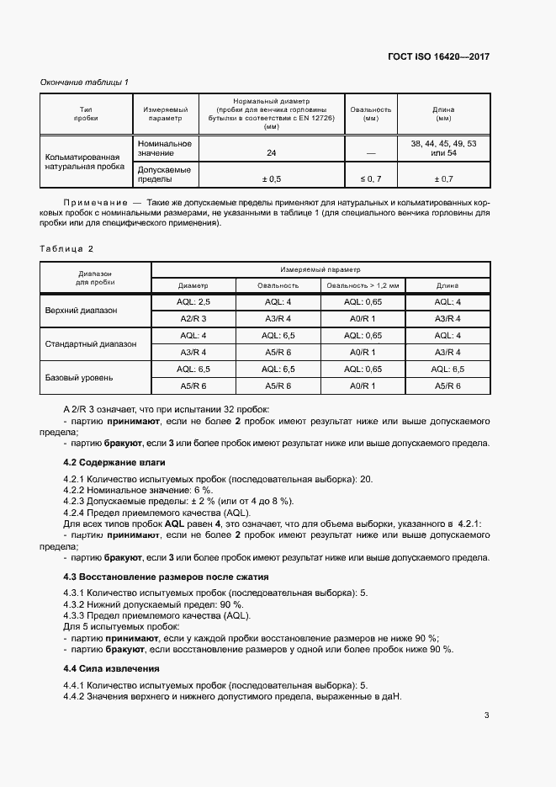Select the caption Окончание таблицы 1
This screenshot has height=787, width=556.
tap(84, 82)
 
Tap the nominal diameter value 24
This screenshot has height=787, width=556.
tap(271, 153)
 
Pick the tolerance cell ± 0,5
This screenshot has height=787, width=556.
tap(271, 179)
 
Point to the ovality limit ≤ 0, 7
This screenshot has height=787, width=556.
tap(371, 179)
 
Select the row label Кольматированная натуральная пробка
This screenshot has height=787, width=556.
tap(82, 162)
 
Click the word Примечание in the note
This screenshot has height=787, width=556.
tap(93, 204)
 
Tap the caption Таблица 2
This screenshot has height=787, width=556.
tap(67, 249)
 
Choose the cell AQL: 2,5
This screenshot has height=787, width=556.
tap(193, 301)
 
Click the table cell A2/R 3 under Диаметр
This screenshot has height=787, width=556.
tap(193, 318)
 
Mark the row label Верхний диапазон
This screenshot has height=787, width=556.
tap(82, 310)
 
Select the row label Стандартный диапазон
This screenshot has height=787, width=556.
tap(89, 343)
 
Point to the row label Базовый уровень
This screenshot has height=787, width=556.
tap(79, 377)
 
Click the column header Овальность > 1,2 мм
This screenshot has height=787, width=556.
tap(362, 285)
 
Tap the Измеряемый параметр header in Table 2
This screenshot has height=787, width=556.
tap(320, 269)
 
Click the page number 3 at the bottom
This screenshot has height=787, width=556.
tap(487, 715)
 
